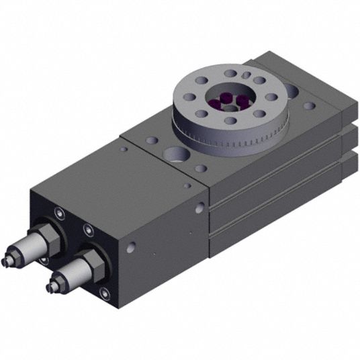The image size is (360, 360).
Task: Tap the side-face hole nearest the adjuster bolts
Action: pos(130,249)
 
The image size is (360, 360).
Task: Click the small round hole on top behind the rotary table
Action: pos(308,105)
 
